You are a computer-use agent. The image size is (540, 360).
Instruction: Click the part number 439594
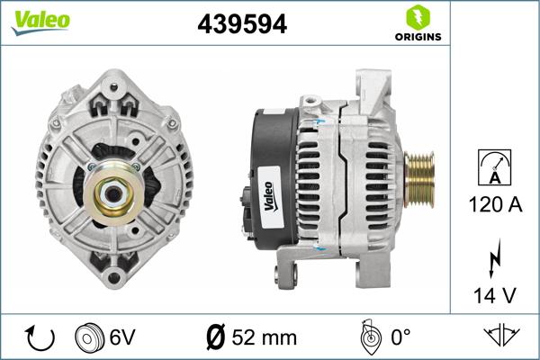click(x=241, y=25)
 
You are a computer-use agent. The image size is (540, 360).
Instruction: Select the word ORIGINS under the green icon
click(x=417, y=37)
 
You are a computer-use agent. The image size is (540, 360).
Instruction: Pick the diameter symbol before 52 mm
click(x=216, y=337)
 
